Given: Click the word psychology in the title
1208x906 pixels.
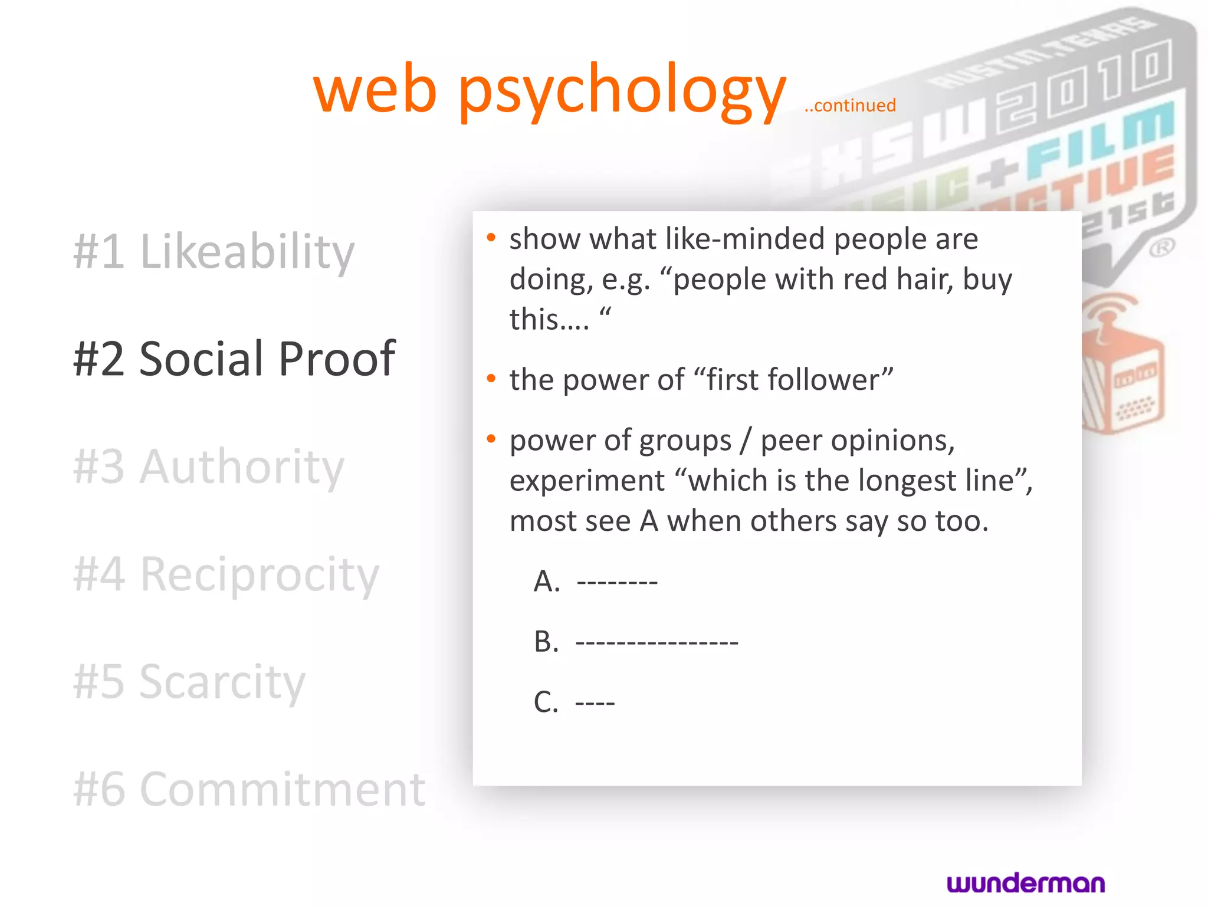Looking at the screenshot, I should [622, 91].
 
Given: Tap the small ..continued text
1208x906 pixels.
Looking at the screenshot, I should [850, 106].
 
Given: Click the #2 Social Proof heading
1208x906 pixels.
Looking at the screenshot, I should [234, 359].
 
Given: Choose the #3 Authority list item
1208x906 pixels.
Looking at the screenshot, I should [209, 467].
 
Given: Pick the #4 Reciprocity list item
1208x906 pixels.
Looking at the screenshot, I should [226, 575].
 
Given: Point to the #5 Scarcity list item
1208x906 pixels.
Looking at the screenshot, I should [189, 682].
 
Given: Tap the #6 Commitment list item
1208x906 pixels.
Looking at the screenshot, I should [249, 789].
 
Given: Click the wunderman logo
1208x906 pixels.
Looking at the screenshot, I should [1026, 883].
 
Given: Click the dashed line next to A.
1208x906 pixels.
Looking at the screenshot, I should [617, 583].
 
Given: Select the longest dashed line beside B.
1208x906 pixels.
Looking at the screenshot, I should [656, 642].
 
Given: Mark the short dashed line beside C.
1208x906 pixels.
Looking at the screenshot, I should [595, 703].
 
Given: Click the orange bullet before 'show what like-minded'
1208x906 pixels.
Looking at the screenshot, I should [491, 238].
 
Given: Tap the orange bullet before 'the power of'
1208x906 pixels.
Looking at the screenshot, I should [491, 379].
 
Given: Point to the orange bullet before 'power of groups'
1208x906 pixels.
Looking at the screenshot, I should [491, 439].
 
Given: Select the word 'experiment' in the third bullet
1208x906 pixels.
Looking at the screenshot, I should [587, 481].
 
